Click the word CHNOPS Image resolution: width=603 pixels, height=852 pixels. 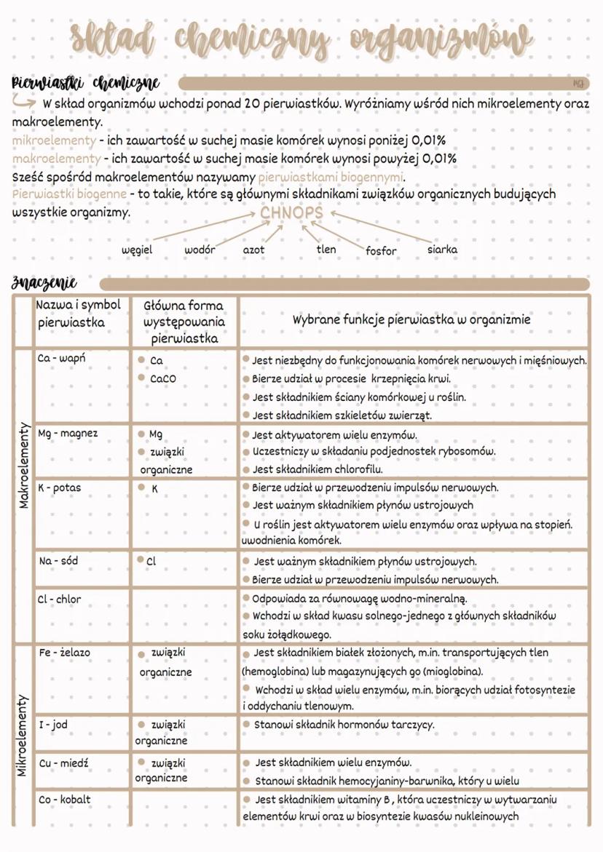click(291, 212)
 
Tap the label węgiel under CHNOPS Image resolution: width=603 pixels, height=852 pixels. click(137, 250)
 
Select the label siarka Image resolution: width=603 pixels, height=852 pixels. click(442, 249)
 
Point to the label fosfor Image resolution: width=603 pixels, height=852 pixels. click(381, 251)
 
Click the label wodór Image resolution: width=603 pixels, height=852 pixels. click(200, 250)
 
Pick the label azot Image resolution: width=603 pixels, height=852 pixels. click(253, 250)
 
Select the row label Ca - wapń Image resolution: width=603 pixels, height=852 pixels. click(62, 359)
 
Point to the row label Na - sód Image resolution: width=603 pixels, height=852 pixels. click(58, 561)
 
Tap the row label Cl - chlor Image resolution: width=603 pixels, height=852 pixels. click(60, 600)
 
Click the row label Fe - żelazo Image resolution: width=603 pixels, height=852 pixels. click(65, 653)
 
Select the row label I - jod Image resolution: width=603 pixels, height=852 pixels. click(53, 725)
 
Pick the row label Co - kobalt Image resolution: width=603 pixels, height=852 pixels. click(65, 800)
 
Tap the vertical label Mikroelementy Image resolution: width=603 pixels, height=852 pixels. click(23, 735)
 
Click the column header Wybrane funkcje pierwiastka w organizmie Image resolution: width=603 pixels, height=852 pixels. click(411, 319)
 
